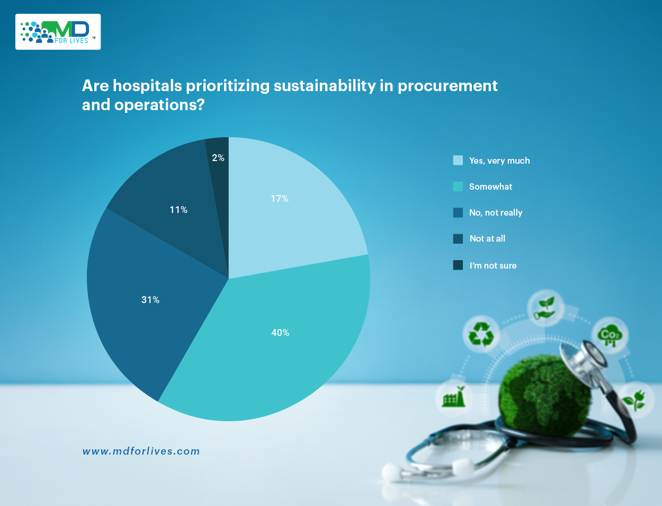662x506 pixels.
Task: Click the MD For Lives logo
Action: coord(58,32)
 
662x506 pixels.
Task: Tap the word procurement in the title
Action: coord(448,86)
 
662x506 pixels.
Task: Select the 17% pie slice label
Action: coord(280,199)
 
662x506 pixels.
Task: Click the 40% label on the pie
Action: coord(280,333)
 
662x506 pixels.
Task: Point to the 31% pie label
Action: coord(150,300)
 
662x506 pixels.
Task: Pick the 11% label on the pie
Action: coord(178,210)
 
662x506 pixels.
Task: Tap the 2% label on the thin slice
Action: coord(218,158)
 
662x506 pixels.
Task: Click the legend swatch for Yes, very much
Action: coord(458,161)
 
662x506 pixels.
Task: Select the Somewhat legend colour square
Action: coord(458,187)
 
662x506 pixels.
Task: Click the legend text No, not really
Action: coord(496,212)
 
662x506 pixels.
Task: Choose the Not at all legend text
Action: coord(487,238)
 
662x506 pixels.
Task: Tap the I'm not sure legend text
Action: coord(493,265)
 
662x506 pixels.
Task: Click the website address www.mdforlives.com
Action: coord(141,451)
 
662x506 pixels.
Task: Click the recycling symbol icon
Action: coord(481,334)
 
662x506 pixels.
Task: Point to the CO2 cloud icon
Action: coord(610,335)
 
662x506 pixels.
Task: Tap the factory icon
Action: coord(454,397)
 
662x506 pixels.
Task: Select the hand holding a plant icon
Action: coord(545,308)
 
